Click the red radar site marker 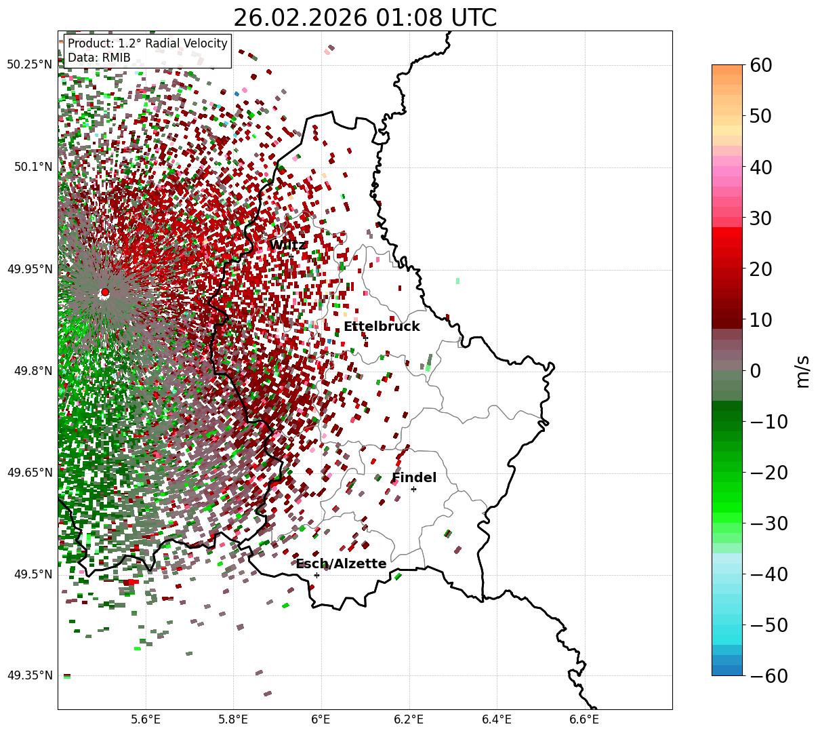[105, 292]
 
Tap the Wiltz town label [288, 245]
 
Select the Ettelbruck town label [382, 327]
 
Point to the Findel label [414, 478]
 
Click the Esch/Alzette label [341, 564]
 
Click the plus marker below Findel [413, 489]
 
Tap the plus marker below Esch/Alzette [316, 575]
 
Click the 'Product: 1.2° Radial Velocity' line [148, 43]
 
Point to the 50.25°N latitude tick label [29, 65]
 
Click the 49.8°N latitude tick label [32, 371]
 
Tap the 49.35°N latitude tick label [29, 675]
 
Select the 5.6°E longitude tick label [146, 718]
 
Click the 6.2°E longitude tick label [409, 718]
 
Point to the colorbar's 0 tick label [756, 371]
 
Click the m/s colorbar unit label [803, 371]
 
